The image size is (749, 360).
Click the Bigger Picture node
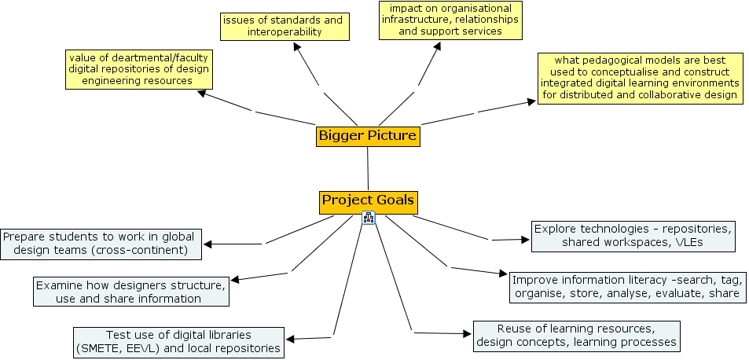click(367, 136)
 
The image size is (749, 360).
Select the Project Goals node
click(368, 200)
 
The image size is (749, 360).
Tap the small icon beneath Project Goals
click(368, 219)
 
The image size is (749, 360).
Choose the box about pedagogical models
click(637, 78)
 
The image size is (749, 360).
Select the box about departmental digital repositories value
click(138, 69)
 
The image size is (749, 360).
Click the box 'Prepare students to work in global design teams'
click(101, 244)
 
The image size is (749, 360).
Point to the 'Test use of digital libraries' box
click(178, 341)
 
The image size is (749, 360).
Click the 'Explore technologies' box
click(633, 236)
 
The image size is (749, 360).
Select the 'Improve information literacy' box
click(626, 287)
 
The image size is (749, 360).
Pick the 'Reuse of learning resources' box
click(575, 335)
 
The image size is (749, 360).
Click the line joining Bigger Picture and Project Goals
click(367, 168)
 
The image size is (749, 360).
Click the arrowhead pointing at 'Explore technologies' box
click(527, 239)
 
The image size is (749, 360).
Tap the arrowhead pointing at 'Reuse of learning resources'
click(468, 334)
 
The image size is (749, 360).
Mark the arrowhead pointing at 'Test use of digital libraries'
click(290, 340)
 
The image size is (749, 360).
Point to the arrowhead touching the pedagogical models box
click(532, 101)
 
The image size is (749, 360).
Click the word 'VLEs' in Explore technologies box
click(687, 243)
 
